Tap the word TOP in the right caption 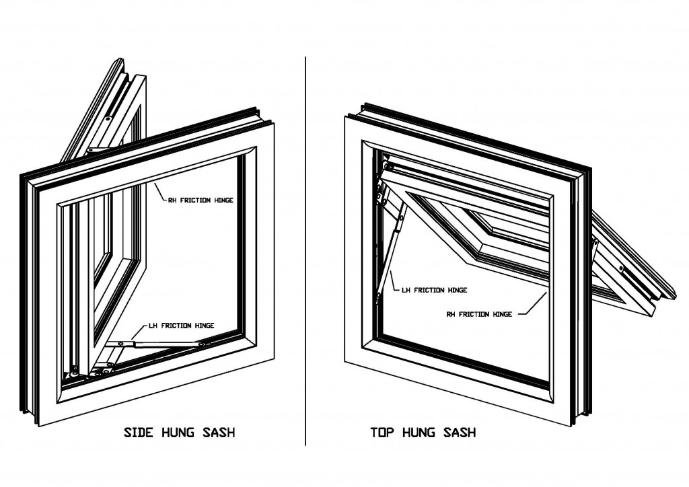[383, 432]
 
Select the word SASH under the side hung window [219, 432]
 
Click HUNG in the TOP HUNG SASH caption [419, 432]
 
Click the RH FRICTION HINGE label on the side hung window [201, 200]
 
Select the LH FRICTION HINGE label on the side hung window [181, 326]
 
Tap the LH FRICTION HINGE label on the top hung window [434, 291]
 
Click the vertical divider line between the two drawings [306, 249]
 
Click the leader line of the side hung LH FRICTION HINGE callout [139, 332]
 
